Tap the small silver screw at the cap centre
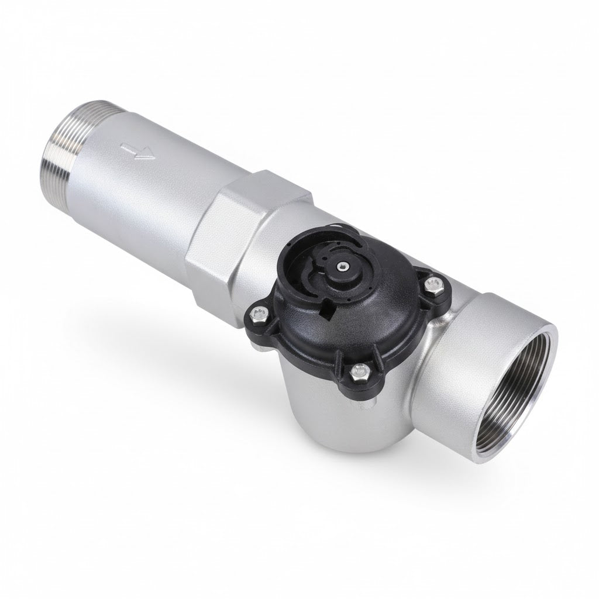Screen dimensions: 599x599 point(340,267)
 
